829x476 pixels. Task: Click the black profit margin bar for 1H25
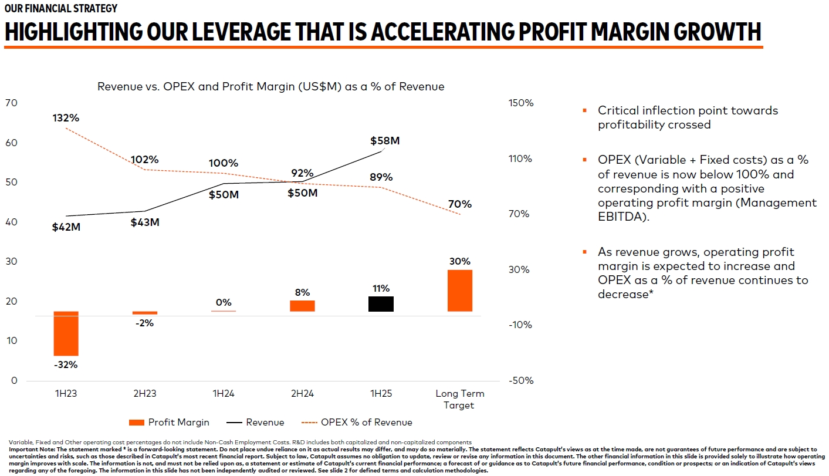tap(381, 303)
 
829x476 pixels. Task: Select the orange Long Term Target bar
tap(459, 290)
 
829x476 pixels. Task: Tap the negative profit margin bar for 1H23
tap(66, 333)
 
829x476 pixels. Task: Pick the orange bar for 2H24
tap(302, 306)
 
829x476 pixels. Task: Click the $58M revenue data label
tap(385, 141)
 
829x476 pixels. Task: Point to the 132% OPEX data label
tap(66, 117)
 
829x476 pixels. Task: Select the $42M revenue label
tap(66, 227)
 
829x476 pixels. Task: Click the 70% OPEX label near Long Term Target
tap(460, 204)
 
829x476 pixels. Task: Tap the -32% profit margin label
tap(66, 364)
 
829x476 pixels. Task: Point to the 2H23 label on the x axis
tap(144, 393)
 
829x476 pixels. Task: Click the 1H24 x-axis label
tap(223, 393)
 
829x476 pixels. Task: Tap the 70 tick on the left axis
tap(11, 103)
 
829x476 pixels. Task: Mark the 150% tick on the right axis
tap(521, 103)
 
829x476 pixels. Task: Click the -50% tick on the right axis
tap(521, 380)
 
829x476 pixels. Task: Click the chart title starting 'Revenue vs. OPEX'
tap(270, 86)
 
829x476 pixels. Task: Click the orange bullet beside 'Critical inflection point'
tap(584, 110)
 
